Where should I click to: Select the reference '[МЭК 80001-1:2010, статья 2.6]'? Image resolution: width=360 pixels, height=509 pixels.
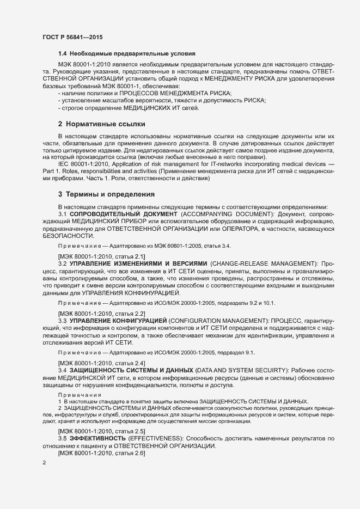(101, 453)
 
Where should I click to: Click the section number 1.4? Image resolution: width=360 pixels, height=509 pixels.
(62, 53)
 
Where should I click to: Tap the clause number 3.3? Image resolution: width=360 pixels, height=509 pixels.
(62, 320)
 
